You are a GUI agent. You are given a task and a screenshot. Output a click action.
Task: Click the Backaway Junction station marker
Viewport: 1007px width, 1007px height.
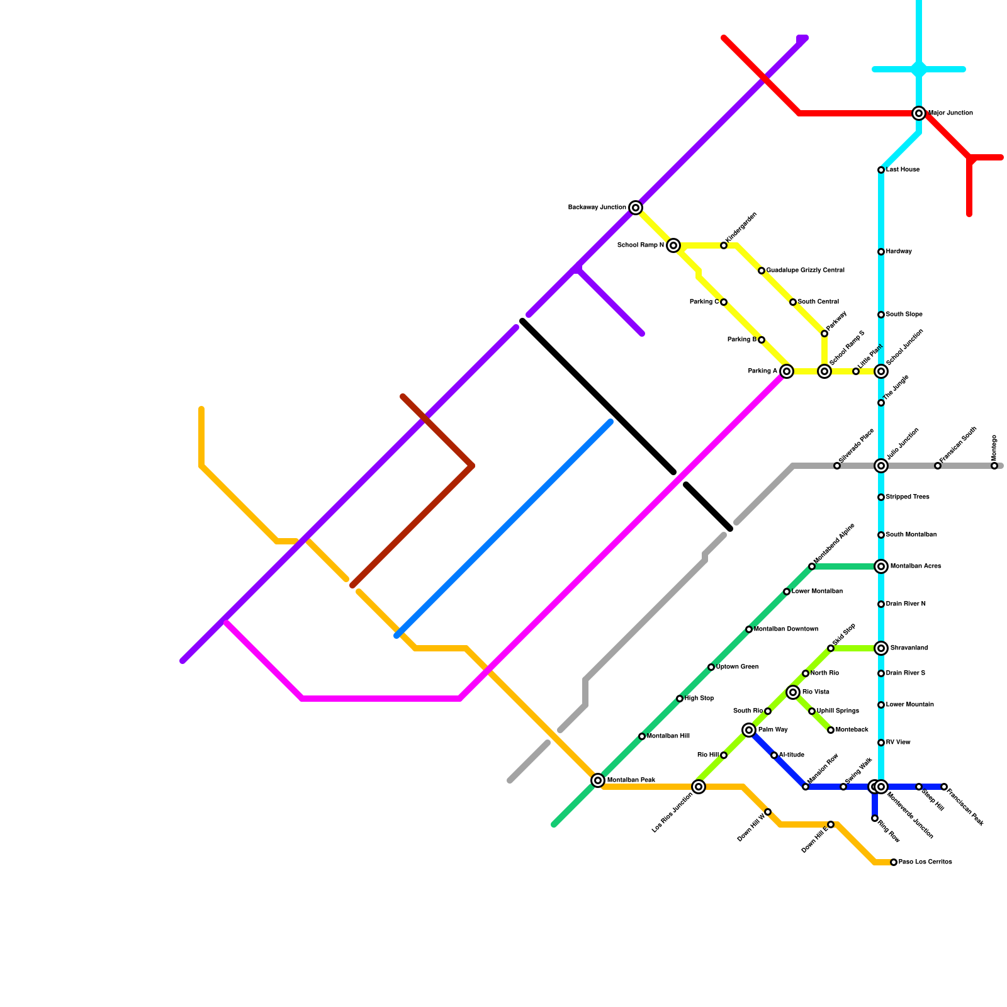point(636,208)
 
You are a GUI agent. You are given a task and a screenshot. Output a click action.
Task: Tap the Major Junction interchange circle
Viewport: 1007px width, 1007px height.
point(919,113)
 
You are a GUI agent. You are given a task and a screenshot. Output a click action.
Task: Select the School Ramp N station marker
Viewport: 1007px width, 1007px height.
point(673,245)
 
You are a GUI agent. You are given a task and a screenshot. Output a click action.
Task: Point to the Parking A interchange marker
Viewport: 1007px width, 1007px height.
point(787,371)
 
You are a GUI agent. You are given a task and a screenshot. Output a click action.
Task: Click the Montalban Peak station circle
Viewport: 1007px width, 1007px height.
point(598,780)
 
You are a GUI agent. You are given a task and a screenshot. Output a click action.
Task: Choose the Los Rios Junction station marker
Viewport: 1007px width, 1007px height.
point(699,787)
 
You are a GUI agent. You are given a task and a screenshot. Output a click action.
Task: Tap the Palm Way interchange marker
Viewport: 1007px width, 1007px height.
point(749,730)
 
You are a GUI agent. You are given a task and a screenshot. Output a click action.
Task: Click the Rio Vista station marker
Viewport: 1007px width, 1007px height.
point(793,692)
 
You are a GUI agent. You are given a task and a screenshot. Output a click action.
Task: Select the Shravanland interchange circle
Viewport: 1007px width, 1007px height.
point(881,648)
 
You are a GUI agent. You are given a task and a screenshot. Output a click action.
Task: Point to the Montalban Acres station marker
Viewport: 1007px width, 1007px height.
point(881,566)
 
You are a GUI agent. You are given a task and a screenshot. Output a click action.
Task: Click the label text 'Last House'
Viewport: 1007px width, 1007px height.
point(903,170)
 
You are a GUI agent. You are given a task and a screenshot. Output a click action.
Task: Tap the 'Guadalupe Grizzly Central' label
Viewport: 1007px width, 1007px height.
point(805,271)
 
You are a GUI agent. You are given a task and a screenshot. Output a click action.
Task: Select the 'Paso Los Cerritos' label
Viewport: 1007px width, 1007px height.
point(925,862)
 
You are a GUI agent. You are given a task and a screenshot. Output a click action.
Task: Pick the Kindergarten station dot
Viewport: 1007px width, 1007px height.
point(724,245)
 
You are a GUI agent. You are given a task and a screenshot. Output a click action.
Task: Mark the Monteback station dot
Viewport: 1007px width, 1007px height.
point(831,730)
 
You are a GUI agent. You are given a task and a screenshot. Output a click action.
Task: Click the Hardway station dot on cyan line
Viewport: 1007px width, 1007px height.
point(881,252)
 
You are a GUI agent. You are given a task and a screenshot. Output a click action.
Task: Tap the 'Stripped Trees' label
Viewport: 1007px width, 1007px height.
point(907,497)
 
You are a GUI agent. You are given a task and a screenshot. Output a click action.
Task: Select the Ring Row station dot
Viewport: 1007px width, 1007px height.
point(875,818)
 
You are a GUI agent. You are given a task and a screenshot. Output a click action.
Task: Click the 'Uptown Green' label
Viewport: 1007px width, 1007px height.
point(737,667)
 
